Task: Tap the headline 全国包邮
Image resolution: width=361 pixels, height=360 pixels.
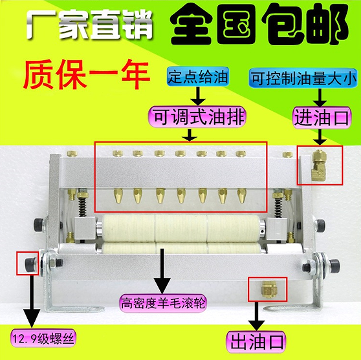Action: tap(257, 25)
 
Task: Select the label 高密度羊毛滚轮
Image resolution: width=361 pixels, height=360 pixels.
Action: tap(162, 302)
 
